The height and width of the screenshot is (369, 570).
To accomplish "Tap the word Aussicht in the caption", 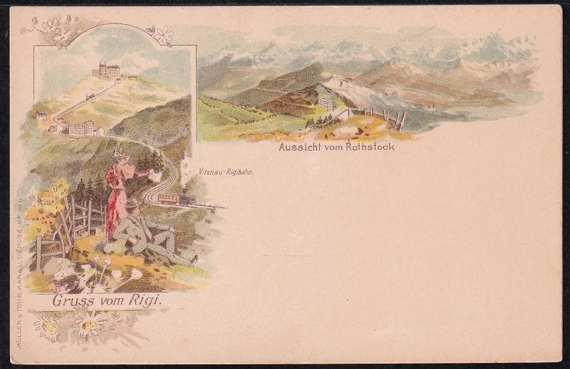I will coord(300,147).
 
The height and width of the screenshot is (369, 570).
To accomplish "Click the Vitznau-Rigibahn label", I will coord(226,172).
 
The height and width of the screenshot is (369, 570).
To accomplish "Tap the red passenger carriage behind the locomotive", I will coord(168,199).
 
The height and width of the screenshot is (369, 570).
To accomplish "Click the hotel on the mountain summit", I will coord(109,70).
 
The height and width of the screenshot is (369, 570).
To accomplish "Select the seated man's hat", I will coord(133,203).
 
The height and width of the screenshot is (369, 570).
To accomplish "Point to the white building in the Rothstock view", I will coord(326,104).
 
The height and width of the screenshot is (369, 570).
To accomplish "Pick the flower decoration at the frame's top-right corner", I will coord(163,35).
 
